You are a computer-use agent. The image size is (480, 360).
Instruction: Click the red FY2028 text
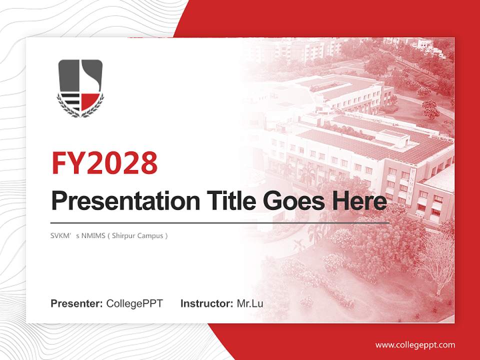[x=104, y=163]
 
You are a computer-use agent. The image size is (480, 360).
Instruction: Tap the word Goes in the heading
[x=291, y=201]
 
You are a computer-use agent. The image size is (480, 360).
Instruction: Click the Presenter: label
[x=77, y=303]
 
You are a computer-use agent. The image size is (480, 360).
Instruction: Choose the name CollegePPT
[x=134, y=303]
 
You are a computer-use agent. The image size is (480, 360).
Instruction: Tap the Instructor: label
[x=206, y=303]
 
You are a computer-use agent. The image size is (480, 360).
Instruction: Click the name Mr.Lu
[x=250, y=303]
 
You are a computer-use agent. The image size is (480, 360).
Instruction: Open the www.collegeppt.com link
[x=415, y=344]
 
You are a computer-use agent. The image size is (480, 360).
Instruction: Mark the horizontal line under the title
[x=220, y=222]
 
